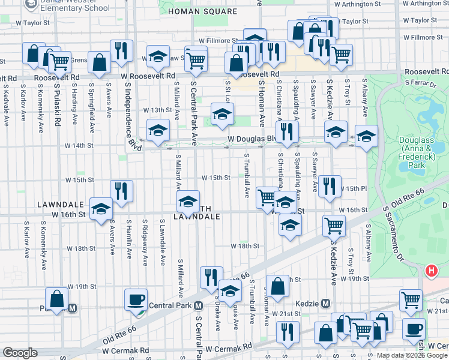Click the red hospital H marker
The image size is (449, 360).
pyautogui.click(x=431, y=271)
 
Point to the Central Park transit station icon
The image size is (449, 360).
pyautogui.click(x=197, y=305)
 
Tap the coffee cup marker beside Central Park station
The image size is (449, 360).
pyautogui.click(x=136, y=299)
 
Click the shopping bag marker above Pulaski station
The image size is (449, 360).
pyautogui.click(x=56, y=299)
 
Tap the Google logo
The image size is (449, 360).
pyautogui.click(x=20, y=353)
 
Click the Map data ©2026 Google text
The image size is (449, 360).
pyautogui.click(x=411, y=355)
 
